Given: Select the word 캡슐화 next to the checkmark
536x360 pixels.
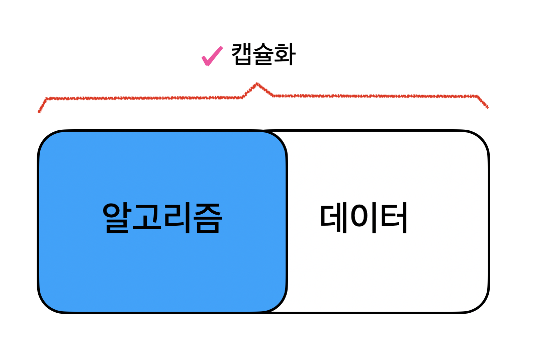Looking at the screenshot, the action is pyautogui.click(x=263, y=55).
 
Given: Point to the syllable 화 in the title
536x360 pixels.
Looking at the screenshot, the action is pyautogui.click(x=285, y=55).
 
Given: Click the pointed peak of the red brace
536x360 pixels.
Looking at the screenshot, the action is pyautogui.click(x=257, y=83).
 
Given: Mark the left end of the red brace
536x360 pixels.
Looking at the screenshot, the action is pyautogui.click(x=39, y=111).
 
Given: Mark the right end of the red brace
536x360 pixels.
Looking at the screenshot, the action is pyautogui.click(x=487, y=107).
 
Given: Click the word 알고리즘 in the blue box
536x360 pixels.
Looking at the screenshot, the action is pyautogui.click(x=161, y=218).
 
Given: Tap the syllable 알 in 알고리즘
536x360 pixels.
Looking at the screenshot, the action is pyautogui.click(x=117, y=218).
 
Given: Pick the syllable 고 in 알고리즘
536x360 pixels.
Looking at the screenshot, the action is pyautogui.click(x=146, y=218).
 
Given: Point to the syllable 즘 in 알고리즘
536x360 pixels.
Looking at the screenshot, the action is pyautogui.click(x=206, y=218).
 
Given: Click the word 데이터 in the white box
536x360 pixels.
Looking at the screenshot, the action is pyautogui.click(x=364, y=218).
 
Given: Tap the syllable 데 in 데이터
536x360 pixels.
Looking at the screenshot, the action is pyautogui.click(x=334, y=218).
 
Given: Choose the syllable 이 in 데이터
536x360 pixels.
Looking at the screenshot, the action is pyautogui.click(x=364, y=218).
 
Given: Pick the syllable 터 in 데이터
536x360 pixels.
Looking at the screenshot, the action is pyautogui.click(x=393, y=218).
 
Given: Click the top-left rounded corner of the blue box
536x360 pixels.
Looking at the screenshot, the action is pyautogui.click(x=46, y=139).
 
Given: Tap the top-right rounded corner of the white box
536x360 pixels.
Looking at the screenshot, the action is pyautogui.click(x=481, y=139).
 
